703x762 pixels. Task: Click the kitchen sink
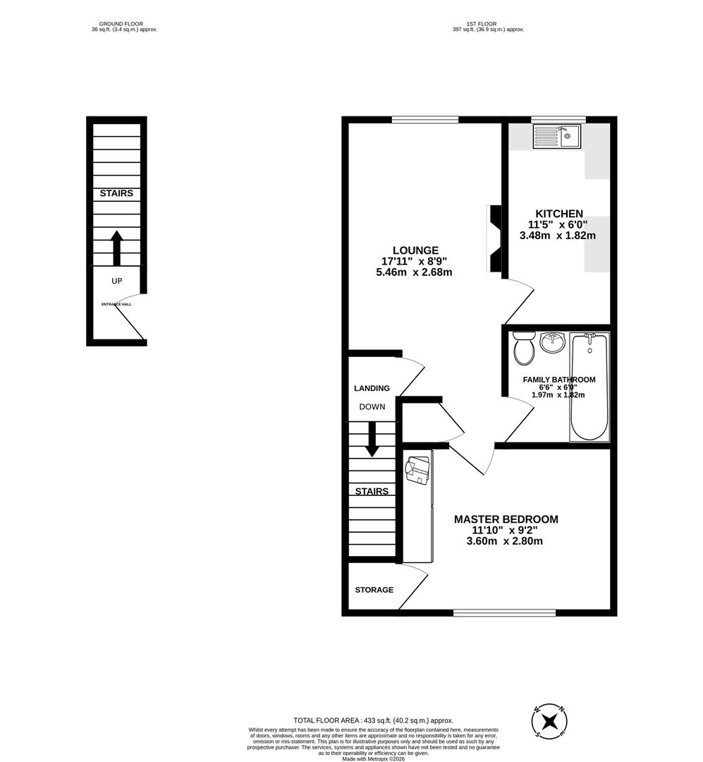click(x=556, y=136)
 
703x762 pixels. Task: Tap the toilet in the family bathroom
click(x=523, y=348)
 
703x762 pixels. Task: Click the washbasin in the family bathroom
click(x=553, y=344)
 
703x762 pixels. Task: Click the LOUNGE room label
click(x=415, y=250)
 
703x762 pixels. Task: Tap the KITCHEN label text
click(x=558, y=214)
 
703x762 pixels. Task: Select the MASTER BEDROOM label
click(x=506, y=519)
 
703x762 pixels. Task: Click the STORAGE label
click(x=374, y=590)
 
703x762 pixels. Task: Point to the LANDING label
click(x=372, y=388)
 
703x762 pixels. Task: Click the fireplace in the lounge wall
click(x=494, y=238)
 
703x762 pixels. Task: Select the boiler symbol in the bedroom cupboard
click(x=417, y=469)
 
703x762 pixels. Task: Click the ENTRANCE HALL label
click(x=116, y=304)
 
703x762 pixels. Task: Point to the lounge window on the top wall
click(x=425, y=119)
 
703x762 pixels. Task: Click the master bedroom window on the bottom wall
click(x=504, y=612)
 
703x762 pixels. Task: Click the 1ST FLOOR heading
click(x=487, y=24)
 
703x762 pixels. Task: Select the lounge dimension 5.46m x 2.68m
click(x=415, y=272)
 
